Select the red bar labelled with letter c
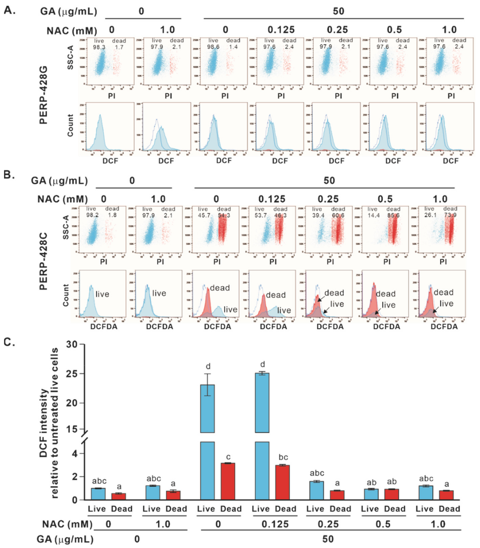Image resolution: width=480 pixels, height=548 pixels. (228, 481)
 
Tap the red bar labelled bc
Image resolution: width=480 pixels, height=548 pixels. (283, 482)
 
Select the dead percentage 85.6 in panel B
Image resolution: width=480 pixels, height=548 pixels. (393, 215)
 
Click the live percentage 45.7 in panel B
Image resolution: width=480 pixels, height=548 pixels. (204, 215)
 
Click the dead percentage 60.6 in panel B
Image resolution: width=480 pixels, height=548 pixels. (338, 215)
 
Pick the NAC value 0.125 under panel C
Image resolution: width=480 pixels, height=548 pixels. (275, 524)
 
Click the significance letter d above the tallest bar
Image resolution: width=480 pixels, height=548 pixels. (263, 364)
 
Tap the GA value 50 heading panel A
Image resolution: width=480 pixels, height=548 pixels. (338, 11)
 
